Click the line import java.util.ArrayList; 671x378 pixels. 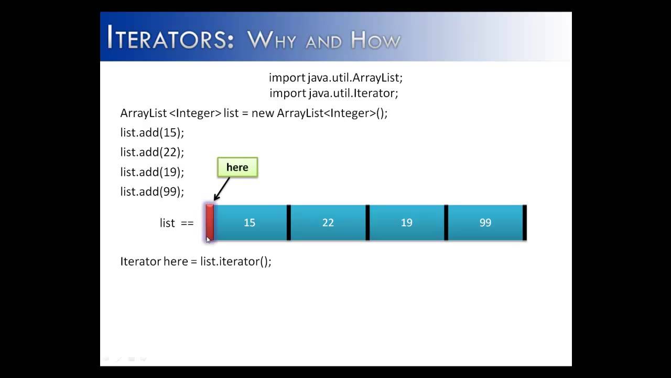tap(335, 78)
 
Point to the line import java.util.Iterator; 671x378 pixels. tap(334, 93)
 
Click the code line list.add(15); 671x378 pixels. tap(152, 132)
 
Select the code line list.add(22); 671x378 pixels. tap(152, 152)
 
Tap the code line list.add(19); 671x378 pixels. tap(152, 172)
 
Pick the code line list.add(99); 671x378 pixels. tap(152, 192)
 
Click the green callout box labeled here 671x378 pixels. tap(237, 167)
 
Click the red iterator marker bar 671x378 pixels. tap(210, 223)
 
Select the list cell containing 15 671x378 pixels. tap(250, 223)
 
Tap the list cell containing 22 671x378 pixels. tap(328, 223)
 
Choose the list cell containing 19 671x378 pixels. tap(407, 223)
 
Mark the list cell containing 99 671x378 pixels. tap(485, 223)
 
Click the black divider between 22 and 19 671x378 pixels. tap(367, 223)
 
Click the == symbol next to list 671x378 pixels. tap(187, 223)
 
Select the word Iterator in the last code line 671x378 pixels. tap(140, 261)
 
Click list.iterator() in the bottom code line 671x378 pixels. tap(235, 261)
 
